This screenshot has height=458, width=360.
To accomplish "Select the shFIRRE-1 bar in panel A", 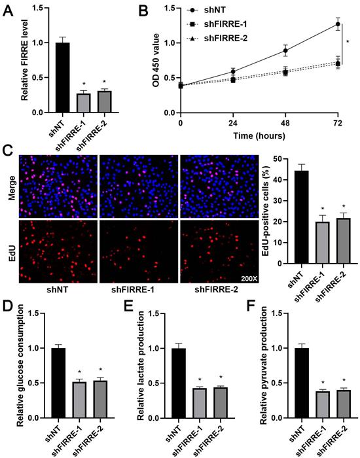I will pos(84,103).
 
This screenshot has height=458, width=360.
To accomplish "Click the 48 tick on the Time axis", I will pos(285,123).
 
